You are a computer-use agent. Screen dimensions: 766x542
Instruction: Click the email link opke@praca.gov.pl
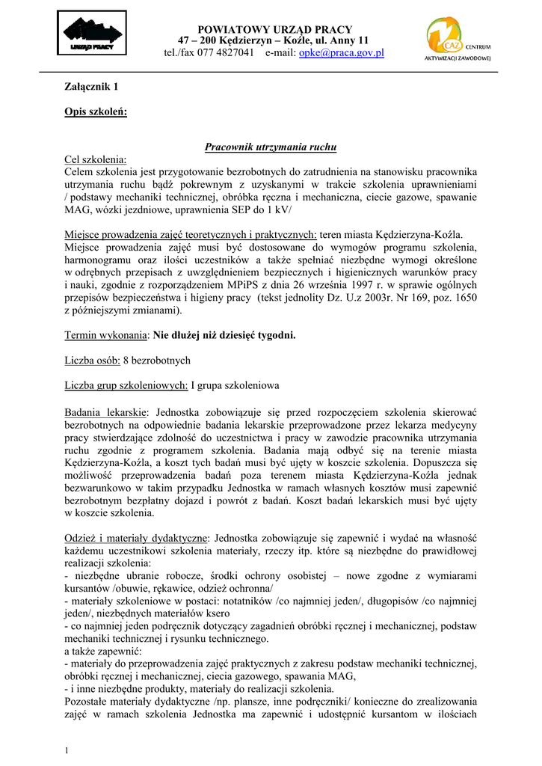pos(341,53)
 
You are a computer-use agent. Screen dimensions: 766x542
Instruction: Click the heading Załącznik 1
pos(91,87)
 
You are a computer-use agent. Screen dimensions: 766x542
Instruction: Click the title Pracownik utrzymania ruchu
pos(271,147)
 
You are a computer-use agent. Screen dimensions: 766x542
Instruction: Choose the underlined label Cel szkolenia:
pos(96,159)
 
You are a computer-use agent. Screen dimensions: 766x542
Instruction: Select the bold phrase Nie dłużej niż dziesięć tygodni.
pos(224,334)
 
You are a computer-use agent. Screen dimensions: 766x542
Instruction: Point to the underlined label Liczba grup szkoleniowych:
pos(126,385)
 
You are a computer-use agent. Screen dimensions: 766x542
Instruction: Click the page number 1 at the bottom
pos(67,750)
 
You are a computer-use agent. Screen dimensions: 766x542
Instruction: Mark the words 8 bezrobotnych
pos(157,360)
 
